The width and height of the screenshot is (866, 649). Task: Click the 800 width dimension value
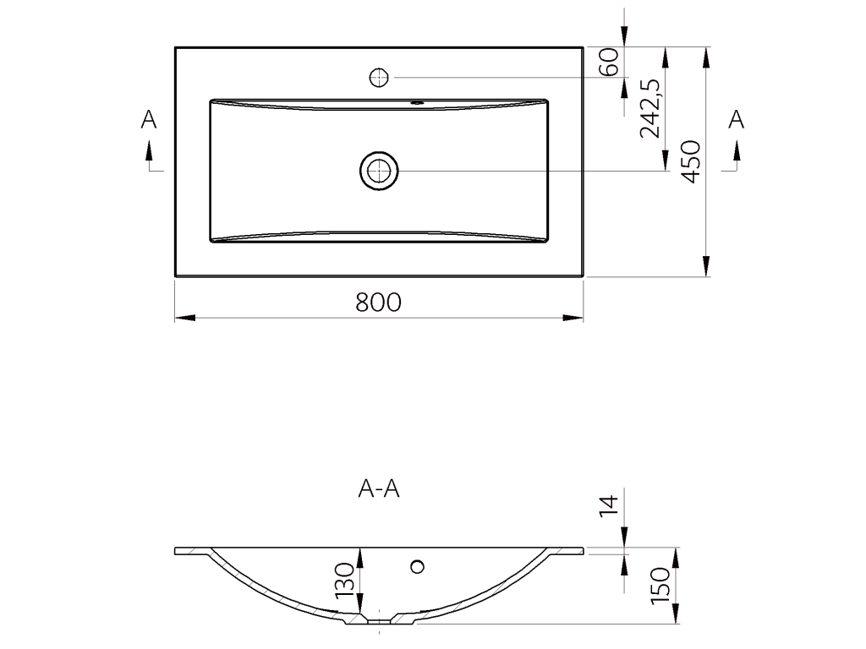378,303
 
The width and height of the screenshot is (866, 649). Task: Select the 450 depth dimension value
690,161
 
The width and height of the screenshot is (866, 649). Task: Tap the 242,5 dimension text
649,108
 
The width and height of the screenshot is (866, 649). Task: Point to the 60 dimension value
608,62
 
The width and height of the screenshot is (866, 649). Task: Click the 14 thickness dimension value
608,506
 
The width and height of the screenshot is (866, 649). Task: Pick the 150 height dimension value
660,585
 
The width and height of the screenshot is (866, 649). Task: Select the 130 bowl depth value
344,580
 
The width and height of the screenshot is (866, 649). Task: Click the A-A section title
379,488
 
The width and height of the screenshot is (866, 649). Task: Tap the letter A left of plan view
149,119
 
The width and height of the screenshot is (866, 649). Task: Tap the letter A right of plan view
737,119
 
